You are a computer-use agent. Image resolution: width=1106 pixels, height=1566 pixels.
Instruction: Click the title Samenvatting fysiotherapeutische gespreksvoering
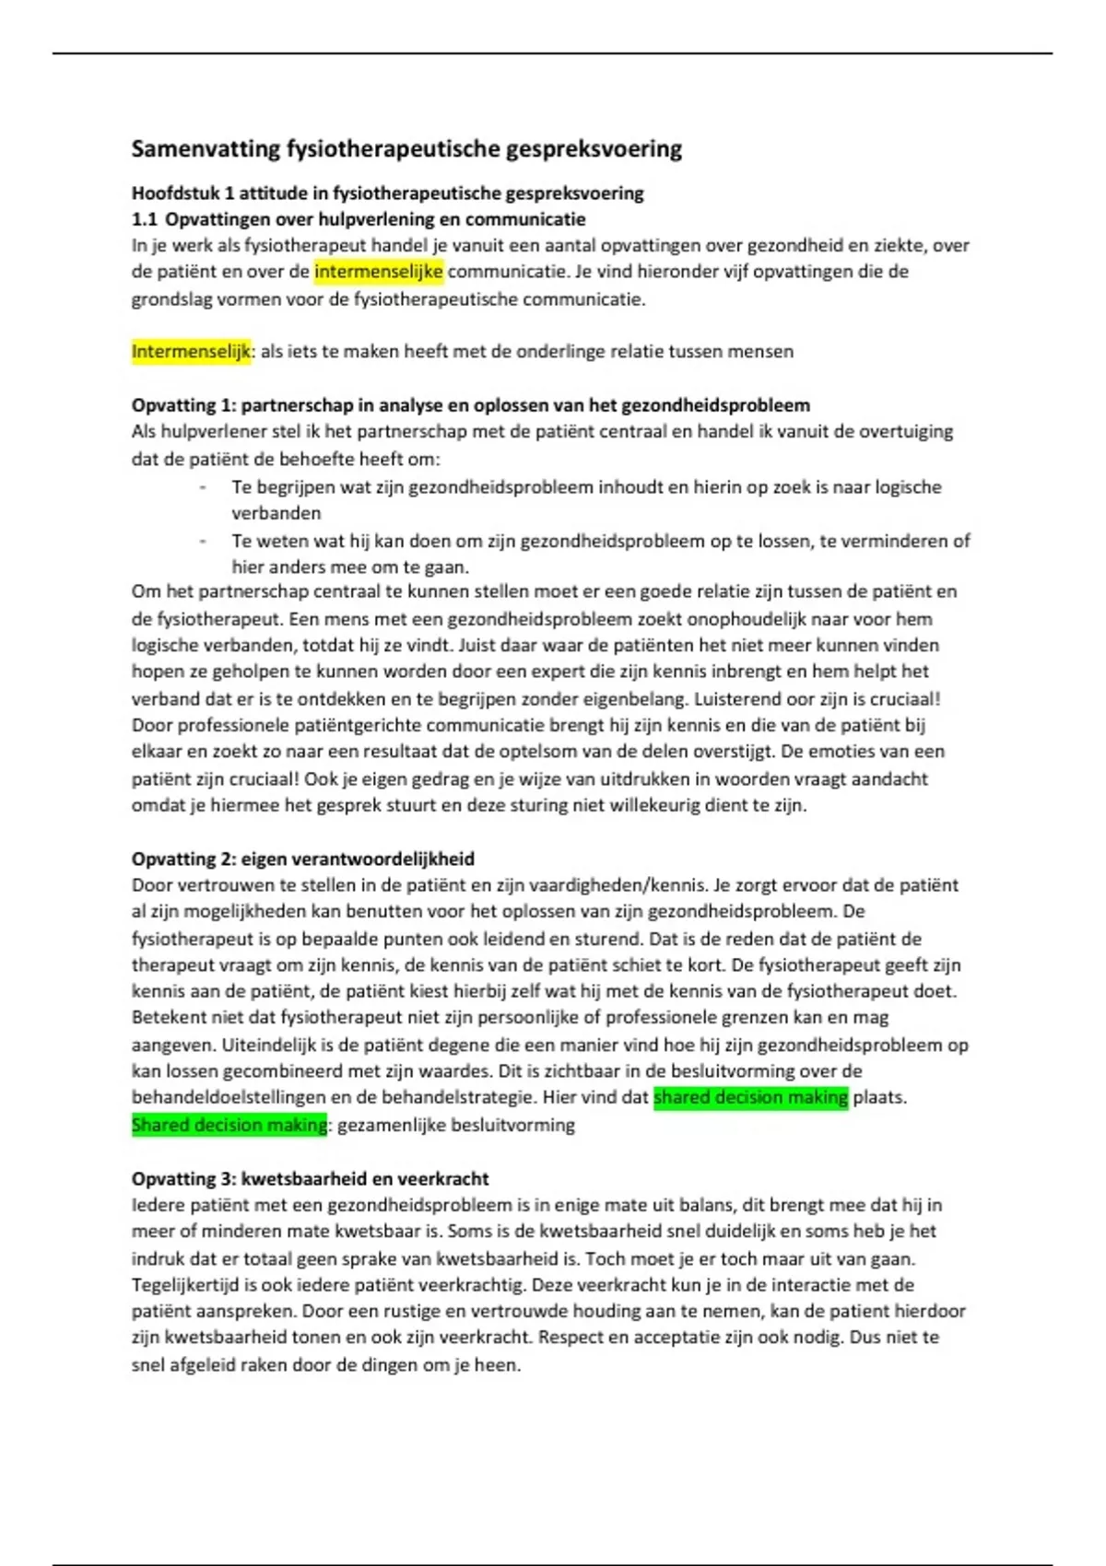[406, 149]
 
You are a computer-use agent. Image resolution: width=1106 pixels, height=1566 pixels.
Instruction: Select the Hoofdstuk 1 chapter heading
[387, 193]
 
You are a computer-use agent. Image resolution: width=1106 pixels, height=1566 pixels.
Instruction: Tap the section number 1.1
[144, 219]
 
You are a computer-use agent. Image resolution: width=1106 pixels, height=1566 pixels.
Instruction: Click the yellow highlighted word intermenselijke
[378, 272]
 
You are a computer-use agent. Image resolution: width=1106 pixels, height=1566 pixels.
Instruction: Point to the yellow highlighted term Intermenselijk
[191, 352]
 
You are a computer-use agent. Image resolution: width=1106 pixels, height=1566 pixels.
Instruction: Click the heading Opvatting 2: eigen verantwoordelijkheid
[302, 859]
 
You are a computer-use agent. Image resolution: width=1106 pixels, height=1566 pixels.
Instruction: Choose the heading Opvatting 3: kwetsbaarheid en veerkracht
[310, 1179]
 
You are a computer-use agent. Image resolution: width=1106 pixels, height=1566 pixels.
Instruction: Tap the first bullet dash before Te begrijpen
[203, 487]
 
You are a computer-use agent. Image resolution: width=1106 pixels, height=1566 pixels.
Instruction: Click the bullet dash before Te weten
[203, 541]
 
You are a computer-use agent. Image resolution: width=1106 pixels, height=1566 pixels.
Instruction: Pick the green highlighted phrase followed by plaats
[750, 1098]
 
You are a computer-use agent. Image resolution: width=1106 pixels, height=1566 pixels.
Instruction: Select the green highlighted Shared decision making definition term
[229, 1125]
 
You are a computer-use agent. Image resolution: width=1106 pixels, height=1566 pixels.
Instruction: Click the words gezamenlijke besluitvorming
[456, 1125]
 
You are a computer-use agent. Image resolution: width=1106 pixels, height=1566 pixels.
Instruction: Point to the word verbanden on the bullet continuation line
[276, 513]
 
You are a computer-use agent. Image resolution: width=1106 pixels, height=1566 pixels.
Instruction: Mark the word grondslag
[172, 299]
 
